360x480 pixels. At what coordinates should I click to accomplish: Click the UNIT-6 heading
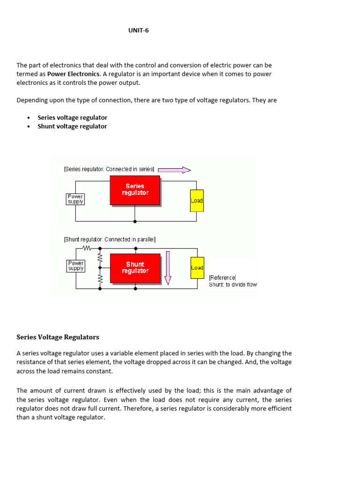(x=138, y=30)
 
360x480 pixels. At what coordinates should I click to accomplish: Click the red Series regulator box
(x=135, y=190)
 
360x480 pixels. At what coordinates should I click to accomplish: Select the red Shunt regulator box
(x=135, y=268)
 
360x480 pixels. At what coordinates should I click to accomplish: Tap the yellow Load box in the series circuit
(x=197, y=201)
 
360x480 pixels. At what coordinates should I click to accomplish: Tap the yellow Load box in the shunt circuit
(x=197, y=268)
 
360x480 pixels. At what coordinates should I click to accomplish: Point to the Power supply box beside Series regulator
(x=75, y=199)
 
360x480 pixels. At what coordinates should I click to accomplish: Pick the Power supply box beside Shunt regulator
(x=75, y=266)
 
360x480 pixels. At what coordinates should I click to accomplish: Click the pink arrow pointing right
(x=174, y=170)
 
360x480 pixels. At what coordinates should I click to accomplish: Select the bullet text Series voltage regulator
(x=72, y=118)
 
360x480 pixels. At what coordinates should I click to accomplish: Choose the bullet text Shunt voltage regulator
(x=72, y=127)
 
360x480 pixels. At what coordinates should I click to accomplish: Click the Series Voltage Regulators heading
(x=58, y=337)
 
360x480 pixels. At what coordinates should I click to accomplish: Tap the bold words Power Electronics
(x=73, y=74)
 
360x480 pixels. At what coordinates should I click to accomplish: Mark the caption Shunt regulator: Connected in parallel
(x=109, y=240)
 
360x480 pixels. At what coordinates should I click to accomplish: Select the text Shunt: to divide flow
(x=233, y=285)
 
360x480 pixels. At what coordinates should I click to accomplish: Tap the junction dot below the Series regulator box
(x=135, y=221)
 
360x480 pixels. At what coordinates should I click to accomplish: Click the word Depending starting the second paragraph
(x=32, y=101)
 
